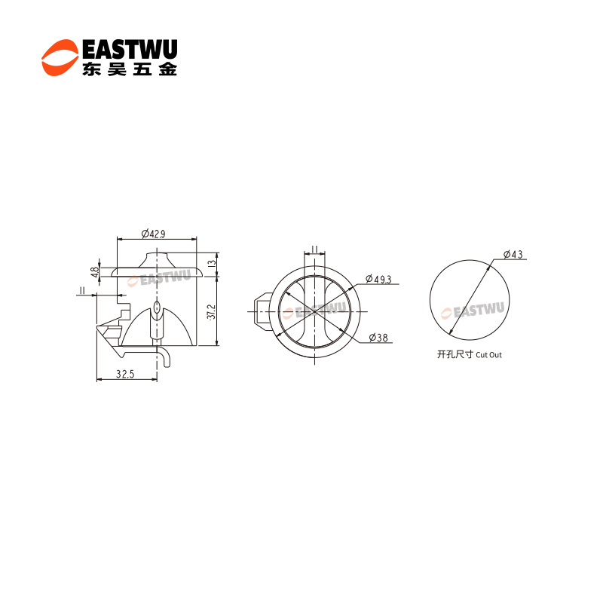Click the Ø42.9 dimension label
(153, 234)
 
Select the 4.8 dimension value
(94, 272)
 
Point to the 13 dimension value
(212, 264)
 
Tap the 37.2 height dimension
(211, 312)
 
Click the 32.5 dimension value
(125, 374)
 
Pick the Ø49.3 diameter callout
(378, 279)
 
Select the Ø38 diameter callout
(378, 338)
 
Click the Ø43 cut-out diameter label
(513, 254)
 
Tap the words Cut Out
(488, 355)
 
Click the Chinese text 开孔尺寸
(455, 354)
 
